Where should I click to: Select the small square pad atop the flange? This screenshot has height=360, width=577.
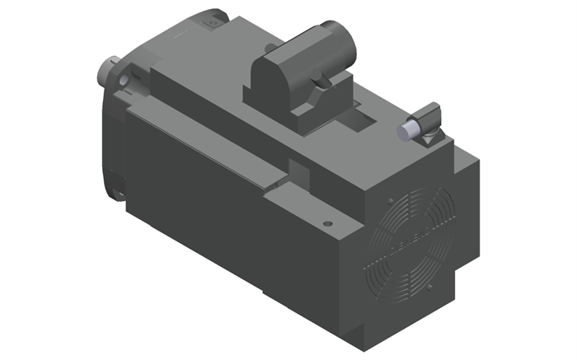point(212,25)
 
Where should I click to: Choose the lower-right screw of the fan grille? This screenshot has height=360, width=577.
point(431,285)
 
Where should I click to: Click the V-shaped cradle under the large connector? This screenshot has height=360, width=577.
point(317,103)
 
